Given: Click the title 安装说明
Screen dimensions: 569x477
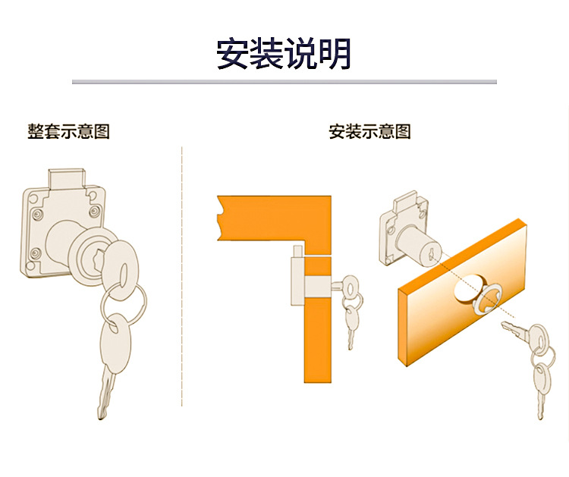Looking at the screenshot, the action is [284, 54].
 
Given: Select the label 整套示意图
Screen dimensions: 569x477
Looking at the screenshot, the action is [68, 131].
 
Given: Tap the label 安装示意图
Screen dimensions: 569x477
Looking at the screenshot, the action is [369, 131].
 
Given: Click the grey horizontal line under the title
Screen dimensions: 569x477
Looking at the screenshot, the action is [284, 82].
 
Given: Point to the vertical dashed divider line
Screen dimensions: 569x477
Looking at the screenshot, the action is [182, 276].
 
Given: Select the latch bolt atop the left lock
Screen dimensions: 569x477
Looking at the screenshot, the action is [67, 179].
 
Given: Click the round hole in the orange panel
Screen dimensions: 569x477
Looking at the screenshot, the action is [467, 288].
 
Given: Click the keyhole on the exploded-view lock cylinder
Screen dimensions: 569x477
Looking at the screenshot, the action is [431, 255].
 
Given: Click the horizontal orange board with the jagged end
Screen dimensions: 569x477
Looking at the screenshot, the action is [274, 218].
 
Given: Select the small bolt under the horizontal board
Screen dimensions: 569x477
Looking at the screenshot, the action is [297, 251].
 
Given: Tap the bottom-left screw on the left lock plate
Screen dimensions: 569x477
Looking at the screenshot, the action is [36, 253].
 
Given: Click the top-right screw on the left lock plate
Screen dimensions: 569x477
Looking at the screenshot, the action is [95, 211].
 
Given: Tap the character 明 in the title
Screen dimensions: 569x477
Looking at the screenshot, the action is [335, 54].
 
